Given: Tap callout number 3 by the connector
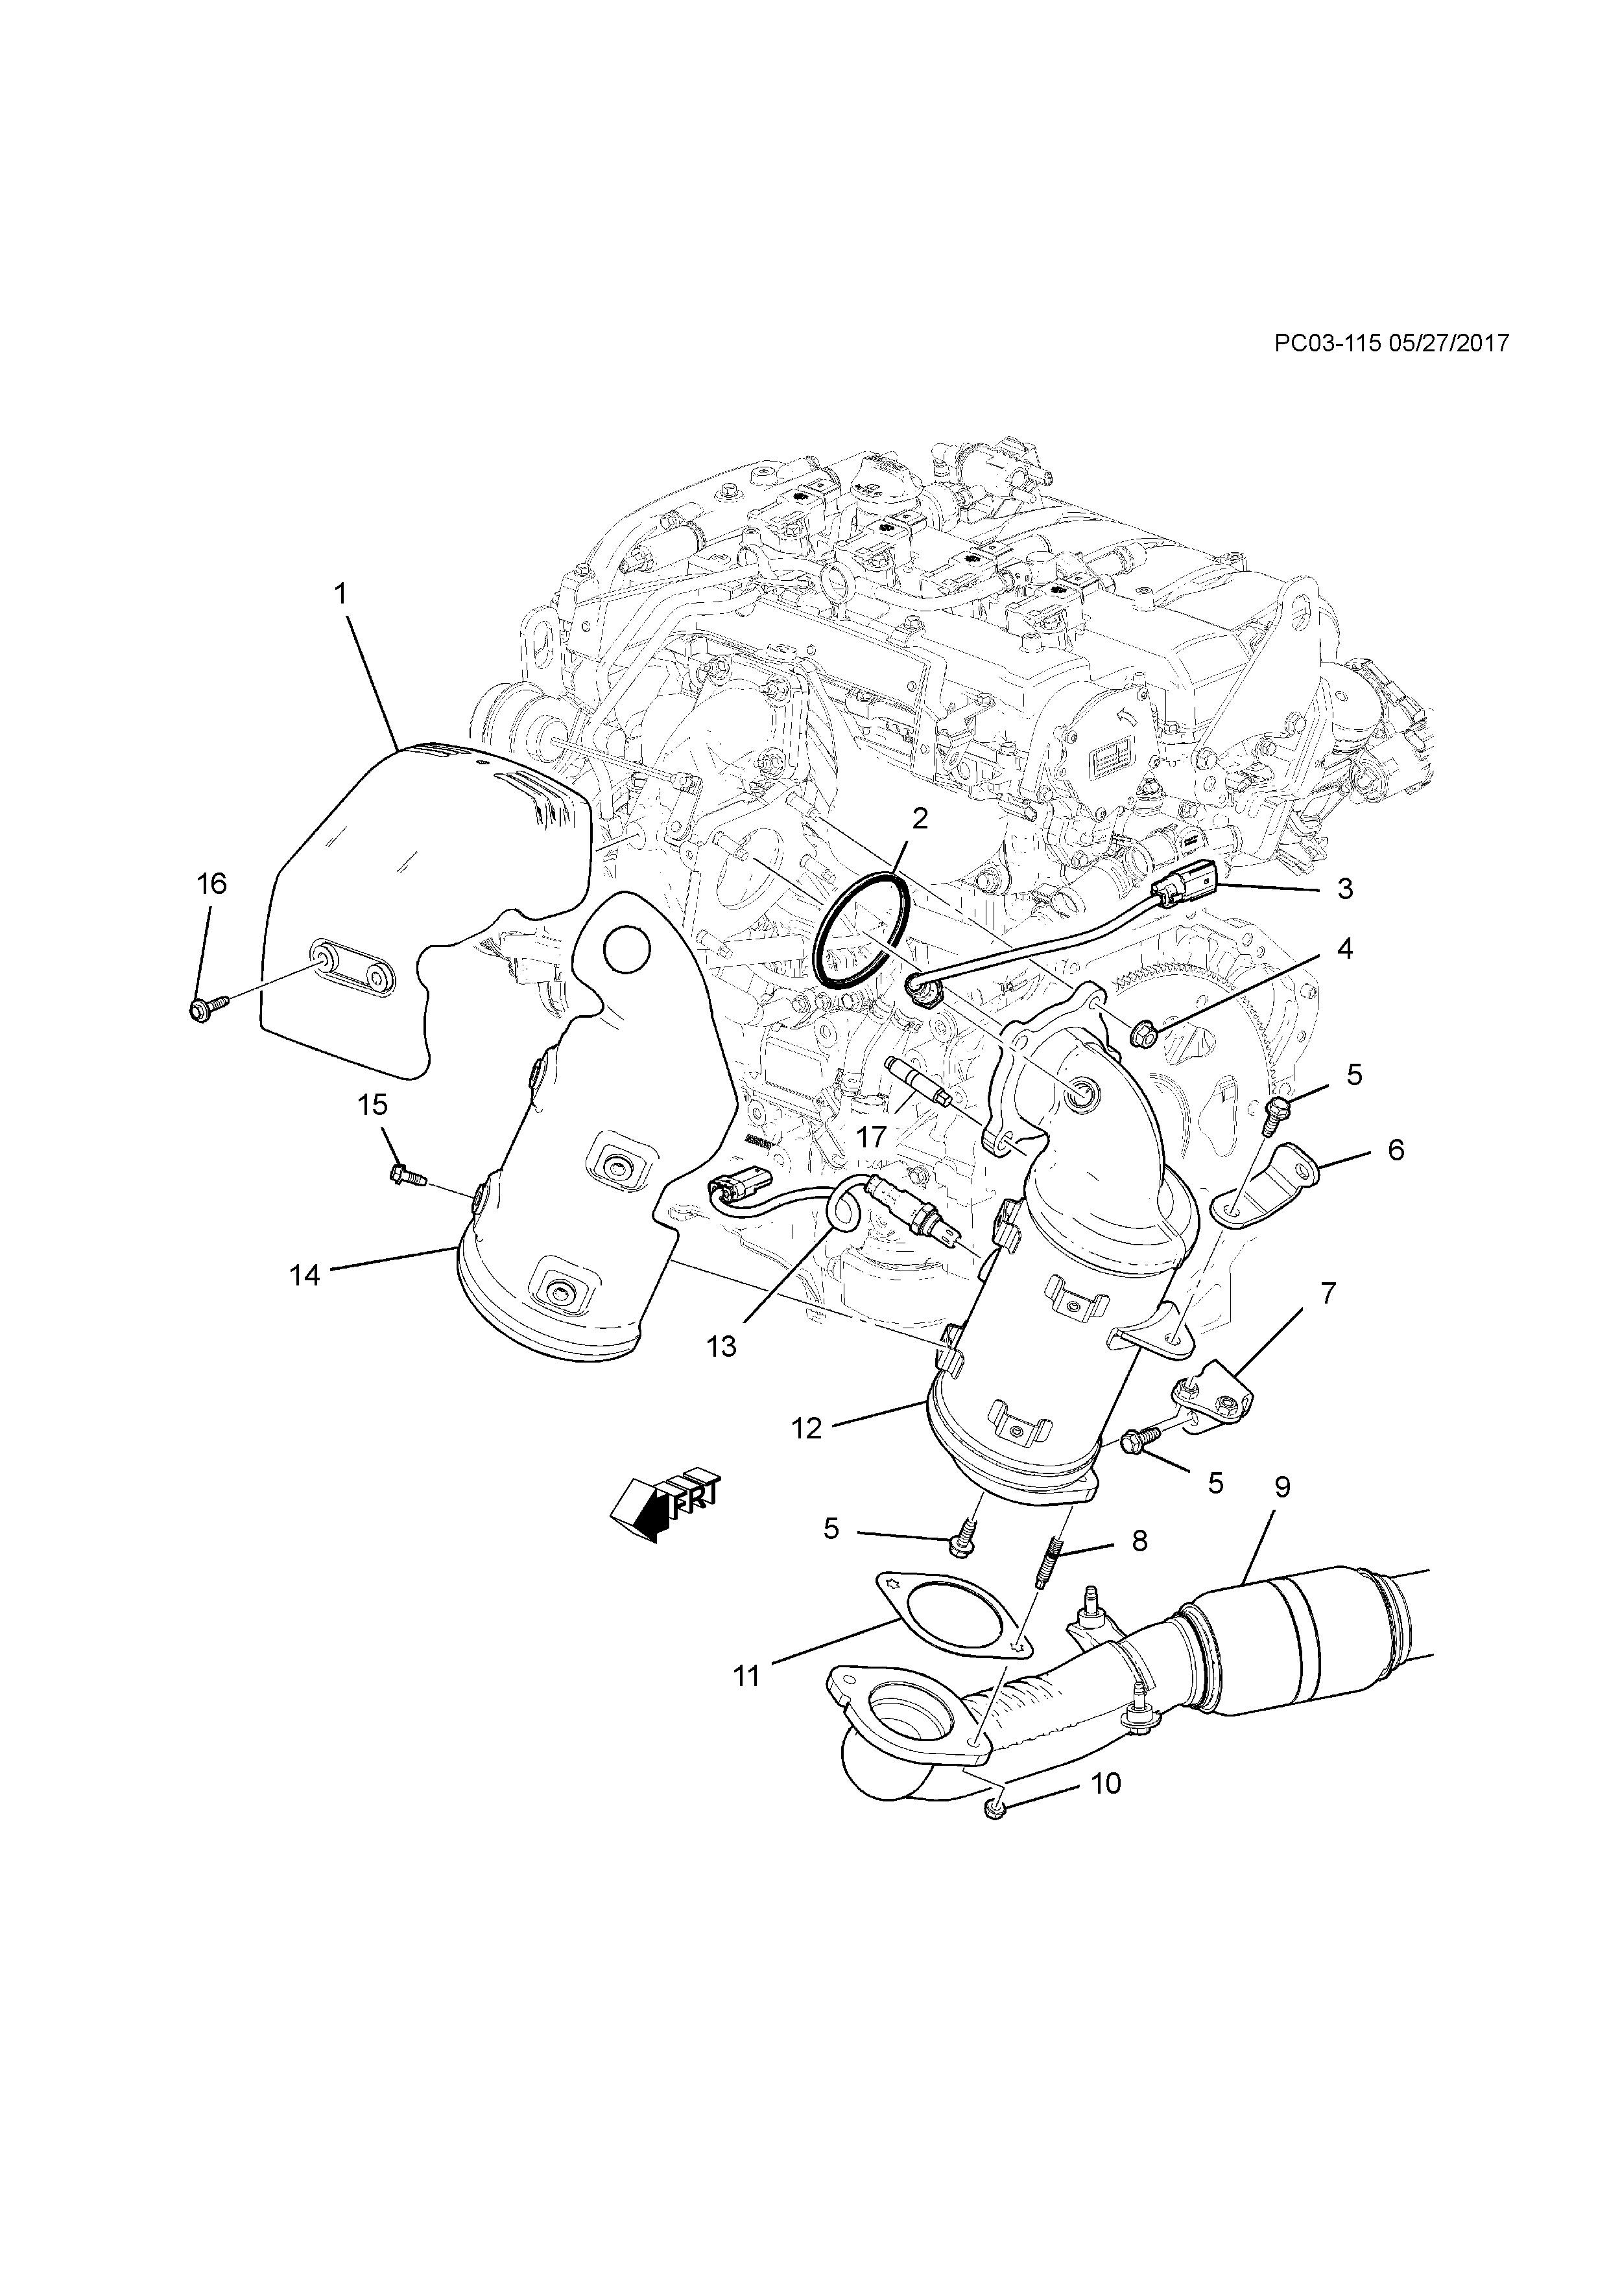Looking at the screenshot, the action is (x=1344, y=889).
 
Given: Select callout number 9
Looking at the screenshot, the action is (x=1282, y=1514).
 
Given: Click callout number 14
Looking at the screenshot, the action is (x=305, y=1274).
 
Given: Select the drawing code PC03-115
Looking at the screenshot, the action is (x=1327, y=343).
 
